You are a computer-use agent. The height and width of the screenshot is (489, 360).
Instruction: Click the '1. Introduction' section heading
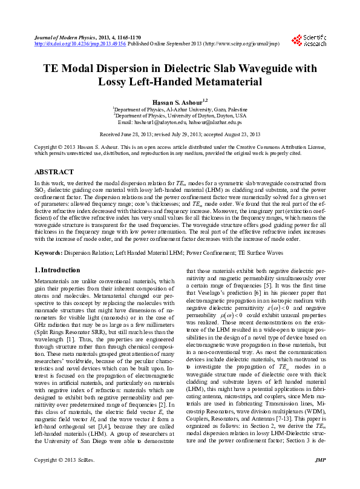(57, 270)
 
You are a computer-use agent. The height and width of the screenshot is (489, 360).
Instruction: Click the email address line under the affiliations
(180, 122)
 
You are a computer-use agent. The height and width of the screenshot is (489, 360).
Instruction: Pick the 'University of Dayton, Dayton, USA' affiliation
(181, 115)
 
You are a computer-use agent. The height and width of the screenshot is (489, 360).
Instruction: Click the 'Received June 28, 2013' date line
(180, 134)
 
